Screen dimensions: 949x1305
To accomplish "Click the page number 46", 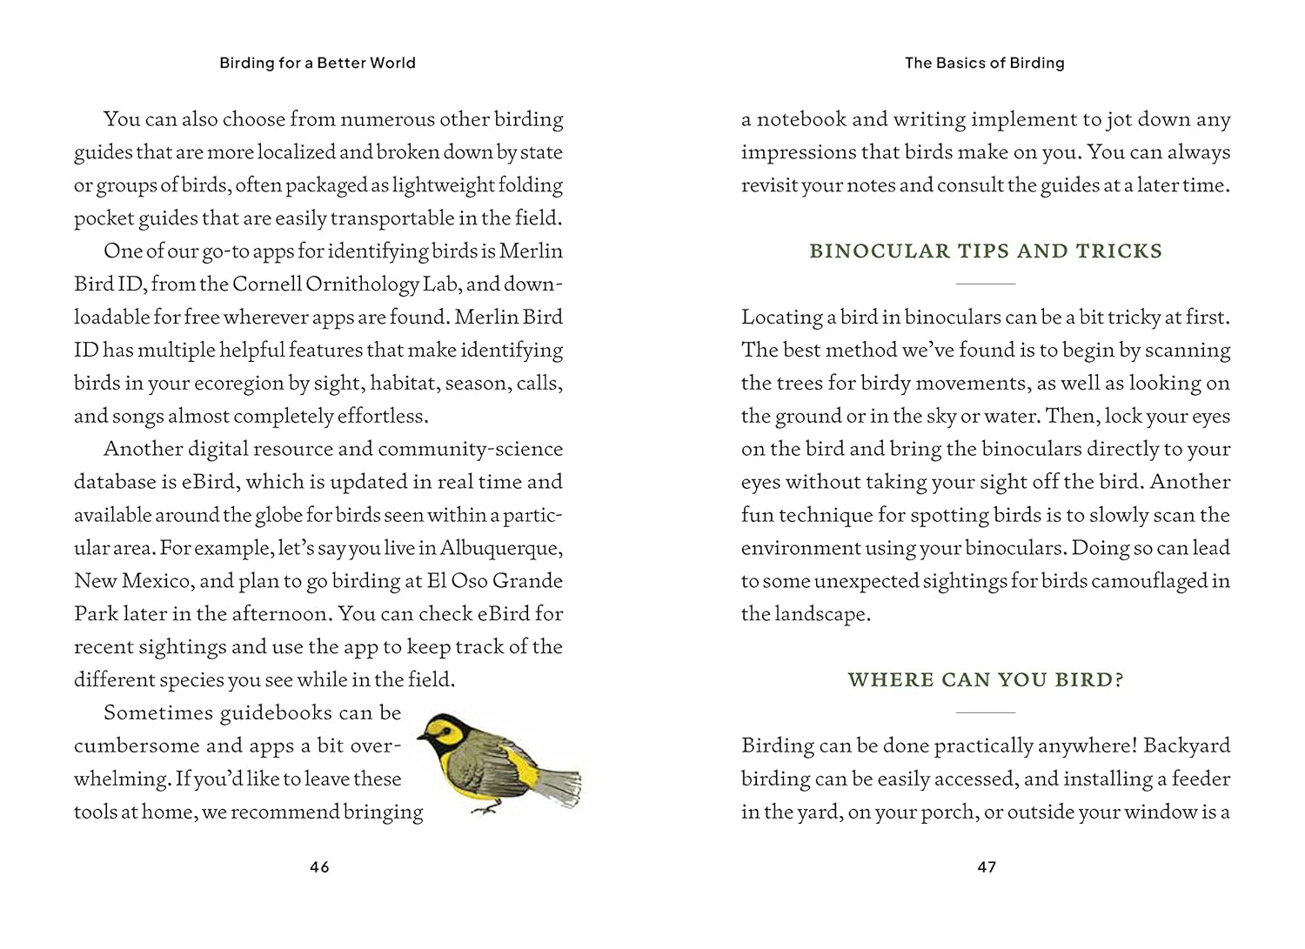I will (319, 866).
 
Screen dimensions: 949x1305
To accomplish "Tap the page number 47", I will (987, 866).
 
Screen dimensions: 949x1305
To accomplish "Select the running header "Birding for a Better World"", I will (318, 63).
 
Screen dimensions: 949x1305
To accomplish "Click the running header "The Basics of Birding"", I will (985, 63).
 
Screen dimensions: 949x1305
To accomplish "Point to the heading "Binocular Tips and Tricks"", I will (986, 251).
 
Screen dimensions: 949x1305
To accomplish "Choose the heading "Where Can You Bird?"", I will (986, 680).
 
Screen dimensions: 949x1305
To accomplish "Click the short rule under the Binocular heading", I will (986, 284).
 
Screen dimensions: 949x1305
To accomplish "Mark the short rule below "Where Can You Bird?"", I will (986, 712).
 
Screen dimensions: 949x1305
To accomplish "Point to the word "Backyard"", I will (1187, 746).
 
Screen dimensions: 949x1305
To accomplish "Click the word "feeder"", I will (1201, 779).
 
